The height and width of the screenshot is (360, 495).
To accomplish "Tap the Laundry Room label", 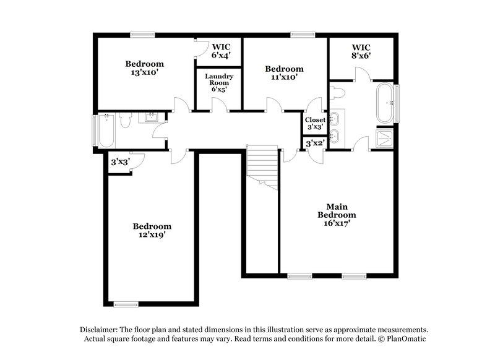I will tap(218, 82).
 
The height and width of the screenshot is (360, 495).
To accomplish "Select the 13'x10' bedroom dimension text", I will tap(144, 72).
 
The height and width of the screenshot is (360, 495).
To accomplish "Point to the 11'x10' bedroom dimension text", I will tap(284, 77).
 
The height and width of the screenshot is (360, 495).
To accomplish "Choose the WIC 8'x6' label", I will tap(361, 51).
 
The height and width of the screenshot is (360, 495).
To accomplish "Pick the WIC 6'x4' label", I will tap(222, 51).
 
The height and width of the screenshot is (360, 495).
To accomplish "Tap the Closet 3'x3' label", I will tap(315, 122).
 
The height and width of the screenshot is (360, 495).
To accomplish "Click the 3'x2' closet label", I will tap(315, 143).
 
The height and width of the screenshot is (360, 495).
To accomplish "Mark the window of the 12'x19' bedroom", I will tap(126, 303).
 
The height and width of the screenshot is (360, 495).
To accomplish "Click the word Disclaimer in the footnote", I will tap(100, 330).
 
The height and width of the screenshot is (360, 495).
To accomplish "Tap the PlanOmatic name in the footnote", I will tap(406, 340).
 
